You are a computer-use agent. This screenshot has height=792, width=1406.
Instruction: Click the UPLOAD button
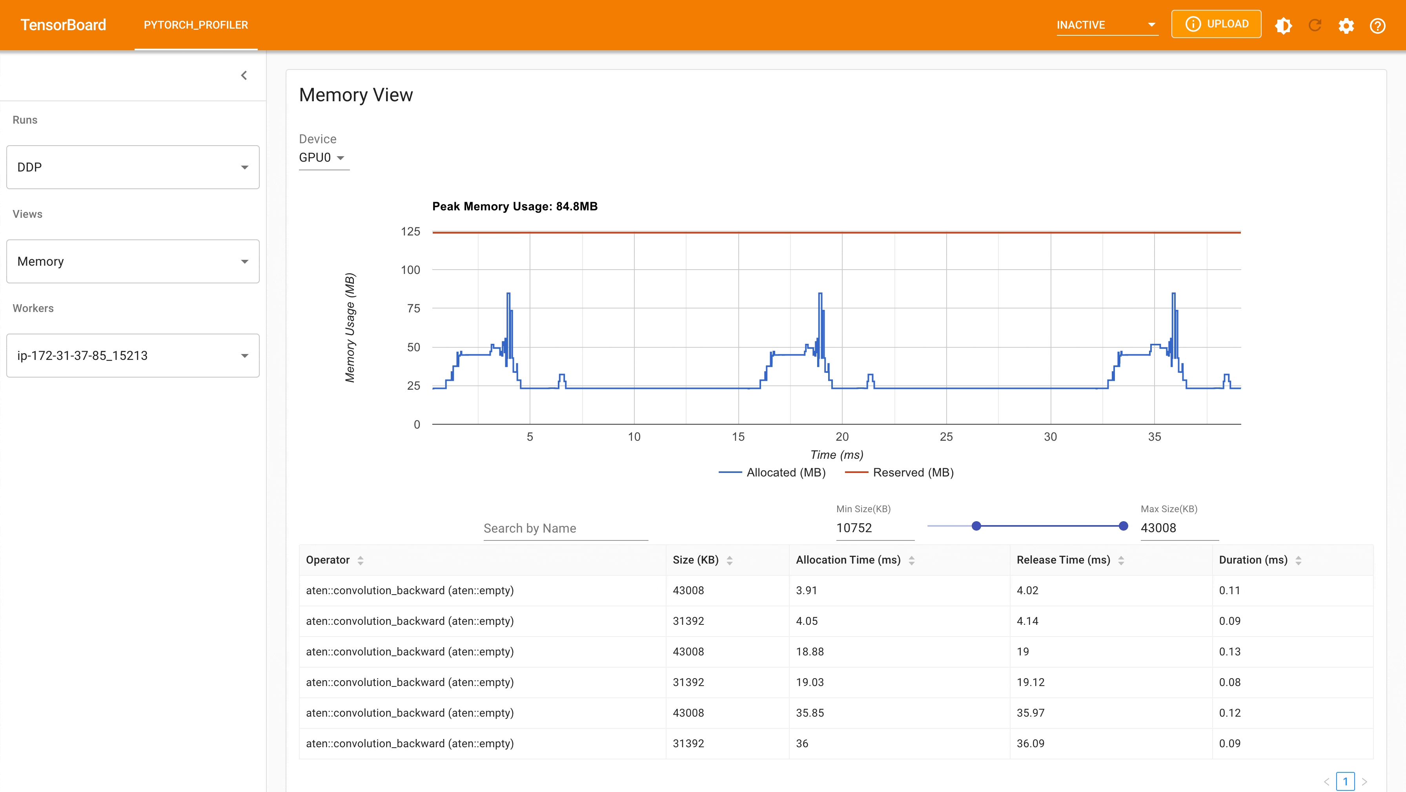(1216, 24)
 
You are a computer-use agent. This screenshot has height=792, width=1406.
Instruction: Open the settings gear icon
(1346, 26)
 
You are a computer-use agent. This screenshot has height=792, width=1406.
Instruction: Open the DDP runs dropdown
(133, 167)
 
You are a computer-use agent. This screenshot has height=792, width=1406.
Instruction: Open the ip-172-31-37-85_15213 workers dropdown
(133, 356)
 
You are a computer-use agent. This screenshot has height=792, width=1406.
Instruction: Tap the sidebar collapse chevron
(244, 75)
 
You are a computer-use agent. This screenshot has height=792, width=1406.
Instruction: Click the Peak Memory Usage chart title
(514, 206)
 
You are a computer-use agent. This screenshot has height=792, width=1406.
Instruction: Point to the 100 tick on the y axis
(410, 270)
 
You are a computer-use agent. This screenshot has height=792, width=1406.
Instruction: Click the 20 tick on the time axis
(841, 436)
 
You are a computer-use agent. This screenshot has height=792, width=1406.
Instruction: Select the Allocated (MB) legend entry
(785, 473)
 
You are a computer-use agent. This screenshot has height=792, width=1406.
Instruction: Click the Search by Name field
(565, 528)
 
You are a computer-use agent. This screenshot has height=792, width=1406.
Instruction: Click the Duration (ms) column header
(1253, 560)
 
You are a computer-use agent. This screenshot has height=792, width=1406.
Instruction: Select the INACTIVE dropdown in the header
(1106, 25)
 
